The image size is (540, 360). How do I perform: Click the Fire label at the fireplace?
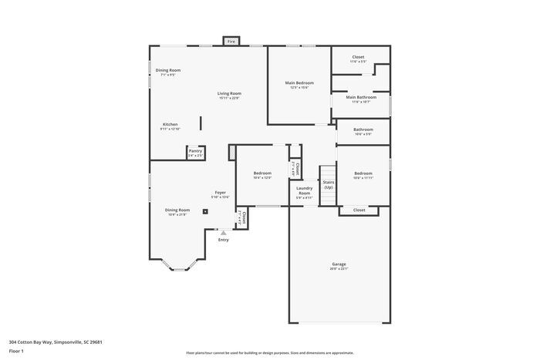tap(230, 42)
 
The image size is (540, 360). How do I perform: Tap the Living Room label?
tap(229, 93)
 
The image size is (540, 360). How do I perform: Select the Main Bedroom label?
tap(299, 82)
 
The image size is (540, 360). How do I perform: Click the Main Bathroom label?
tap(361, 97)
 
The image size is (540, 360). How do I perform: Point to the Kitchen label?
tap(170, 124)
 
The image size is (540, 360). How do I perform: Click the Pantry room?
tap(196, 153)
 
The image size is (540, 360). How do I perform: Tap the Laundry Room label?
tap(305, 191)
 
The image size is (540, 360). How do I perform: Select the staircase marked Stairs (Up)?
tap(329, 185)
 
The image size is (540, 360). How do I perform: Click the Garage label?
tap(339, 264)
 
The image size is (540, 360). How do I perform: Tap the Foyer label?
tap(220, 193)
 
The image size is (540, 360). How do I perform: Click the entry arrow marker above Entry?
tap(223, 231)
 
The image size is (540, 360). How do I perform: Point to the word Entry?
tap(223, 240)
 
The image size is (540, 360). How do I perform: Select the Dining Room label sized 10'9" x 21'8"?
tap(177, 210)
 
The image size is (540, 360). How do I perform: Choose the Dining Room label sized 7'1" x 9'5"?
tap(168, 70)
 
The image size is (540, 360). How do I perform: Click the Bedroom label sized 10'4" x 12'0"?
tap(262, 173)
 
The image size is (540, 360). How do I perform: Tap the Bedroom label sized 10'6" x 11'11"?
tap(363, 173)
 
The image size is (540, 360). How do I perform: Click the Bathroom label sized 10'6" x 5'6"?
tap(363, 130)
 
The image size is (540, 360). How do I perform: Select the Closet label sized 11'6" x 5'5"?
tap(358, 57)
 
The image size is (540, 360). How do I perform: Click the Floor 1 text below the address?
tap(17, 351)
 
